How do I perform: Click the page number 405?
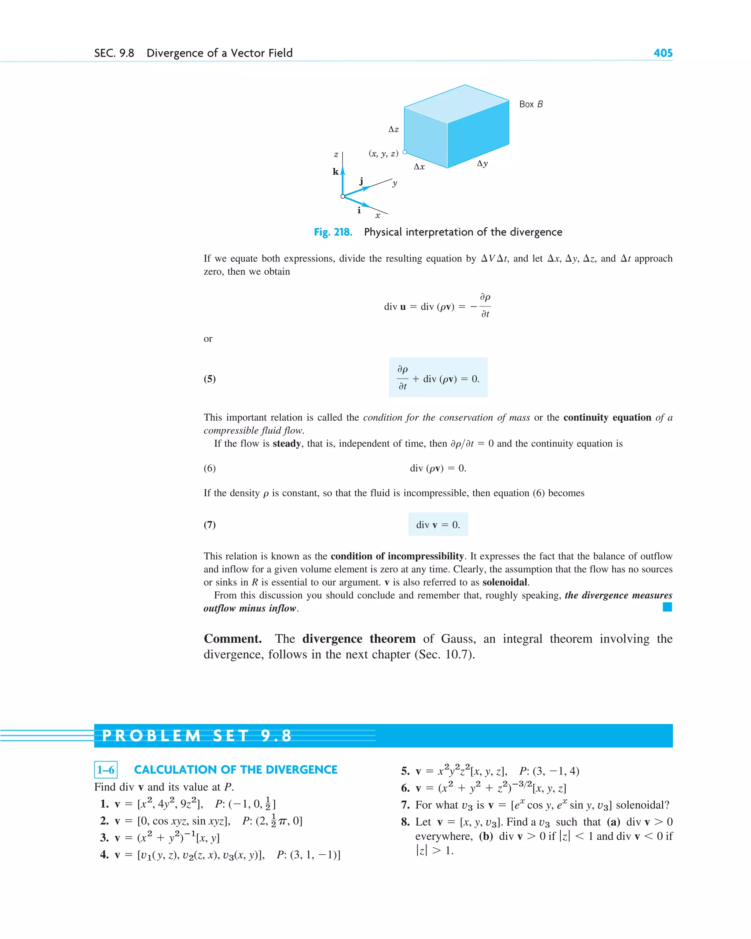663,53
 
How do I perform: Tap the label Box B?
531,104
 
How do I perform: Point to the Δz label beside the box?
393,129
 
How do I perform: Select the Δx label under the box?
419,167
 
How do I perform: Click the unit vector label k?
336,172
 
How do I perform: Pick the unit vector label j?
361,181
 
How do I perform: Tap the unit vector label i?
359,210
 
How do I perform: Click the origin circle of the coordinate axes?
343,197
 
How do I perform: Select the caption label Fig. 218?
333,232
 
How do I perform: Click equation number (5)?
209,378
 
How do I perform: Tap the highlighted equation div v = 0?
438,524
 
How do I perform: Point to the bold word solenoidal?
505,582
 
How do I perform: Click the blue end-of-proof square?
667,607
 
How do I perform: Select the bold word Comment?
232,639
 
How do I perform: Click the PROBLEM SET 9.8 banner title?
197,736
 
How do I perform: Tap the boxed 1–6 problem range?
106,770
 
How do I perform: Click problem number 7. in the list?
405,805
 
